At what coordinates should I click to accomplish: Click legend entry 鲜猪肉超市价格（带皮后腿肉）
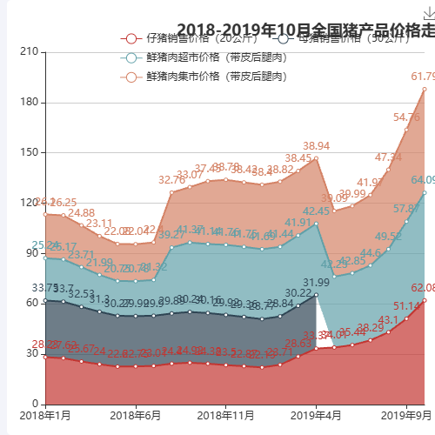tap(204, 57)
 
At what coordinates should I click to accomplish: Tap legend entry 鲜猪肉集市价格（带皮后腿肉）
tap(204, 77)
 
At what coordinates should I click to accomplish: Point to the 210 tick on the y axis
tap(29, 52)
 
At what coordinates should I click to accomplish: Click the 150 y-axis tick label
tap(29, 152)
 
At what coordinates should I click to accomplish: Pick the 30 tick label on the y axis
tap(31, 353)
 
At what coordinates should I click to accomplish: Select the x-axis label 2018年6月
tap(136, 415)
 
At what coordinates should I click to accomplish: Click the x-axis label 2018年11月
tap(224, 415)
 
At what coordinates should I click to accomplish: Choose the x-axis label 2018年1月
tap(45, 415)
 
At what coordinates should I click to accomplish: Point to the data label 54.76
tap(406, 117)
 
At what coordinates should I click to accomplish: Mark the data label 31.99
tap(317, 283)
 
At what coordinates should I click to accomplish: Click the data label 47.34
tap(388, 157)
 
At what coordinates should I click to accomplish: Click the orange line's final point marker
tap(425, 89)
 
